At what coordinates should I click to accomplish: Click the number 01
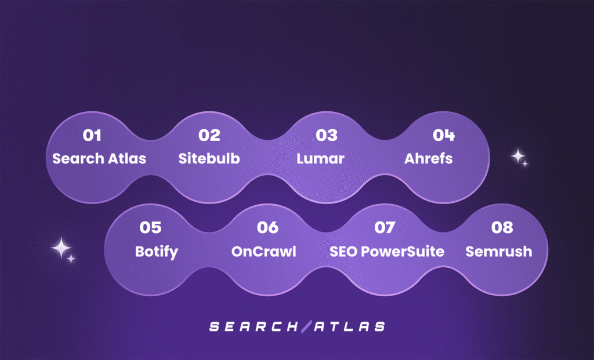click(x=92, y=135)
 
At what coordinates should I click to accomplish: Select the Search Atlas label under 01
click(x=99, y=159)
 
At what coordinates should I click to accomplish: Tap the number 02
click(x=209, y=135)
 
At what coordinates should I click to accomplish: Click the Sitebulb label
click(x=209, y=159)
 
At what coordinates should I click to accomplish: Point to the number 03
click(x=327, y=135)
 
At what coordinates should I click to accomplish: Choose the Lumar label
click(x=320, y=159)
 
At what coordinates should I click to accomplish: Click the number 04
click(x=444, y=135)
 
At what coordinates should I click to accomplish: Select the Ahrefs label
click(x=429, y=159)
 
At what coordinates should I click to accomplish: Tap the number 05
click(x=150, y=227)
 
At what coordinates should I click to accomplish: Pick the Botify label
click(x=157, y=252)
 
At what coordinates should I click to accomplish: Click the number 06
click(x=267, y=227)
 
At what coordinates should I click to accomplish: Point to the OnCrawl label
click(x=264, y=252)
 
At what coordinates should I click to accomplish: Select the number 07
click(x=385, y=227)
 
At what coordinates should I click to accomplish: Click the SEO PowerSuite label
click(x=387, y=252)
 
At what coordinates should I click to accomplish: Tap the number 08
click(x=502, y=227)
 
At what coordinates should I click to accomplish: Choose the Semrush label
click(x=498, y=252)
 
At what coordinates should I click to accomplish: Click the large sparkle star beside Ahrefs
click(x=517, y=156)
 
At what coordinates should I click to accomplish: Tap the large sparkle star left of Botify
click(x=61, y=248)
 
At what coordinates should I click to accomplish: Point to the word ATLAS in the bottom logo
click(x=349, y=327)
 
